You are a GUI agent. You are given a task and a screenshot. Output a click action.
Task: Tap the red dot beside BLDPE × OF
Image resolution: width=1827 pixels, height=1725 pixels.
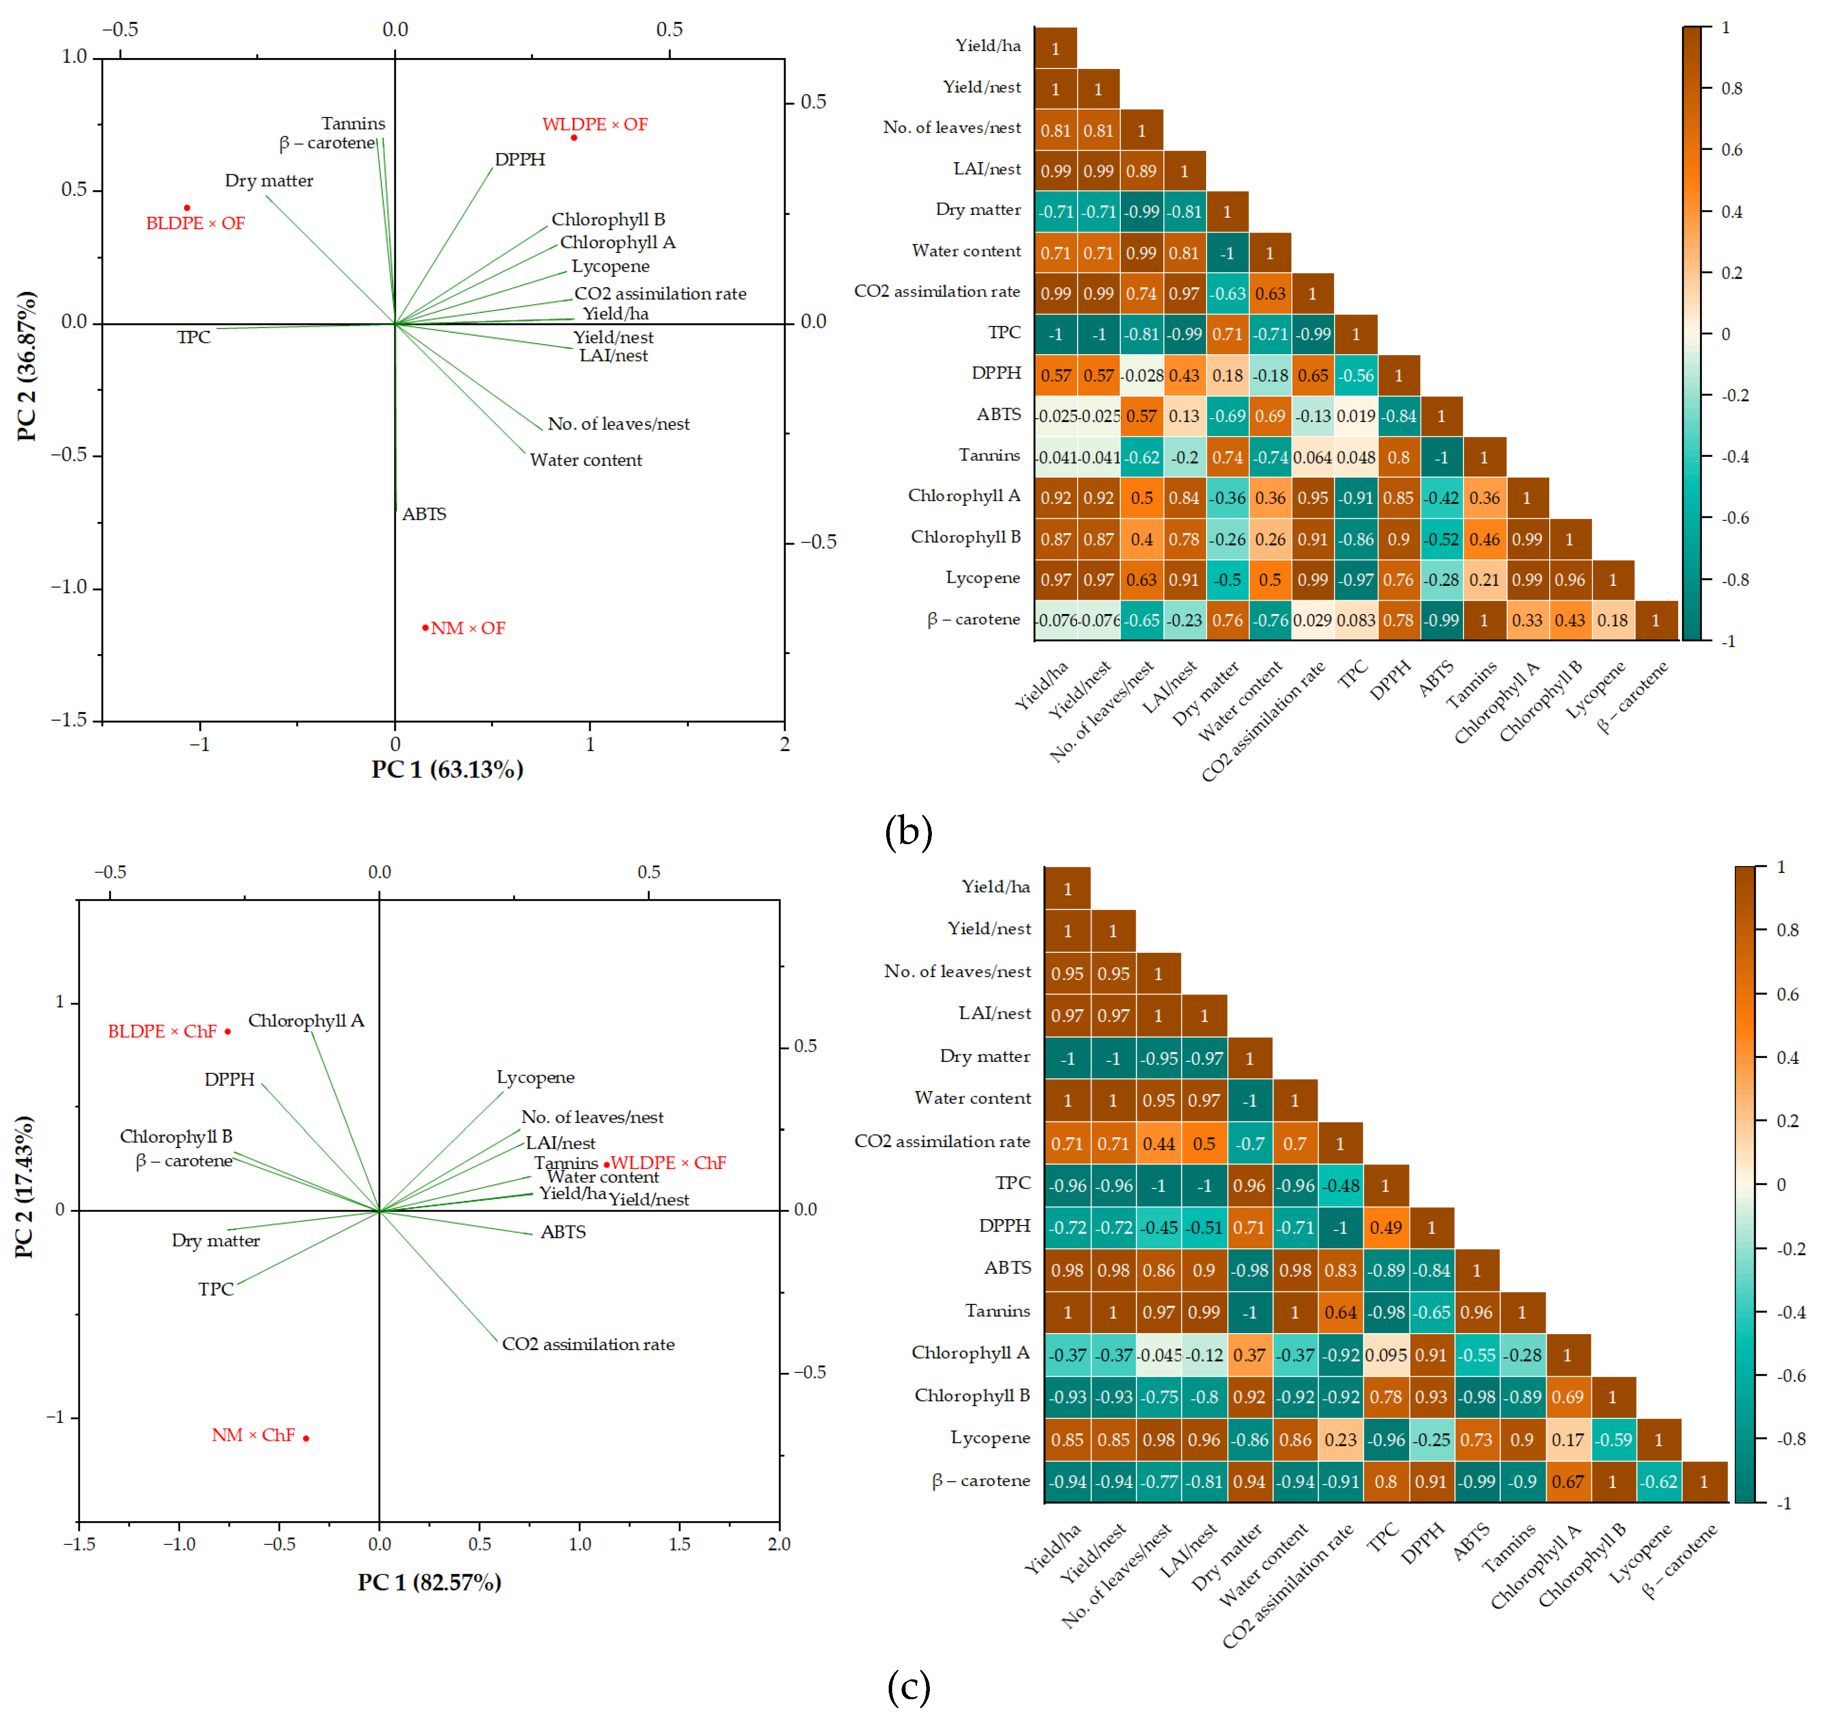tap(186, 208)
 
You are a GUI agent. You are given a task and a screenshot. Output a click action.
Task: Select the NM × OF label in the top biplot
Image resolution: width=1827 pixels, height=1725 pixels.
tap(468, 628)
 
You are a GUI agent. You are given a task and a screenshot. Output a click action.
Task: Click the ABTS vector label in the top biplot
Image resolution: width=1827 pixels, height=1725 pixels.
tap(424, 514)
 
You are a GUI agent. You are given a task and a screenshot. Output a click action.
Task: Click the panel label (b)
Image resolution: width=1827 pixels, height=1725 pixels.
tap(908, 831)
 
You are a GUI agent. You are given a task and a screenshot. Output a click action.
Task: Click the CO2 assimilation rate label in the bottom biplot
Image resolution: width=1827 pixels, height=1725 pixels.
tap(588, 1344)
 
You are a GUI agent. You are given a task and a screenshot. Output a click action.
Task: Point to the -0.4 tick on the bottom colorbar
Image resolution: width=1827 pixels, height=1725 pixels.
tap(1788, 1312)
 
